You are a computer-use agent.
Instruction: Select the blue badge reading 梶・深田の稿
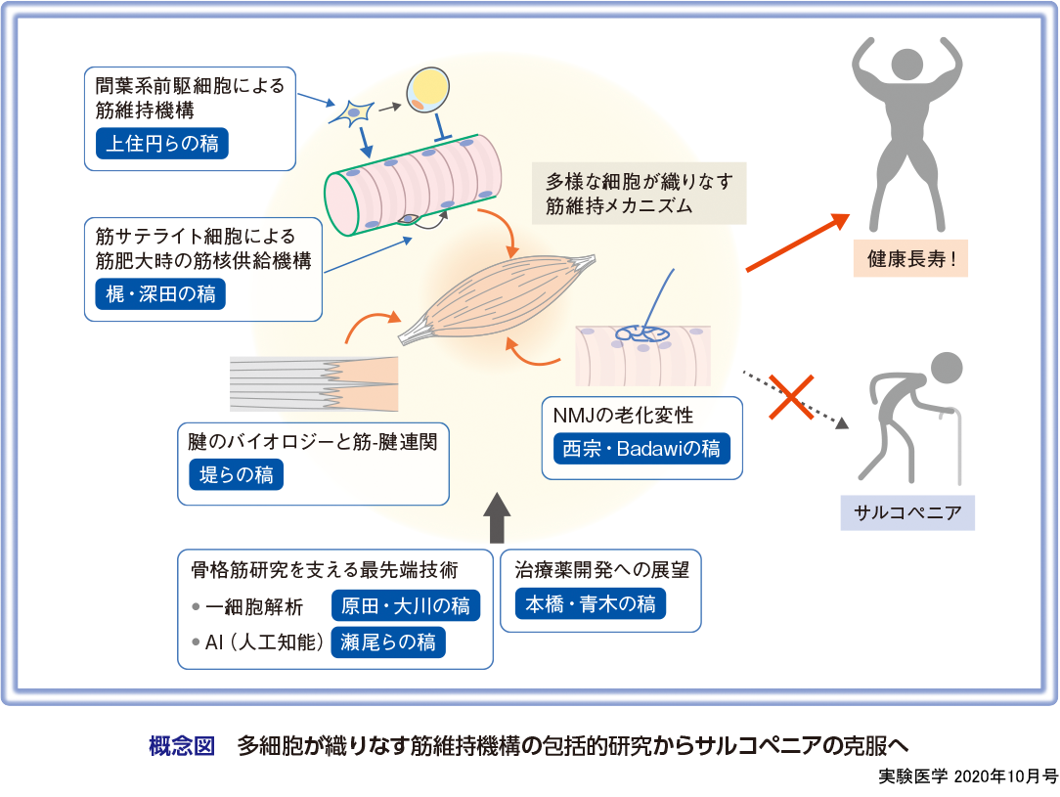pyautogui.click(x=160, y=292)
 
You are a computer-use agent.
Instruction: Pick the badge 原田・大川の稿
pyautogui.click(x=406, y=605)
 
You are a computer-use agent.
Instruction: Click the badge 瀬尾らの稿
pyautogui.click(x=389, y=642)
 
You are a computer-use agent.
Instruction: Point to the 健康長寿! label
pyautogui.click(x=909, y=261)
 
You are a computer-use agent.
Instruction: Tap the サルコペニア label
pyautogui.click(x=907, y=513)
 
